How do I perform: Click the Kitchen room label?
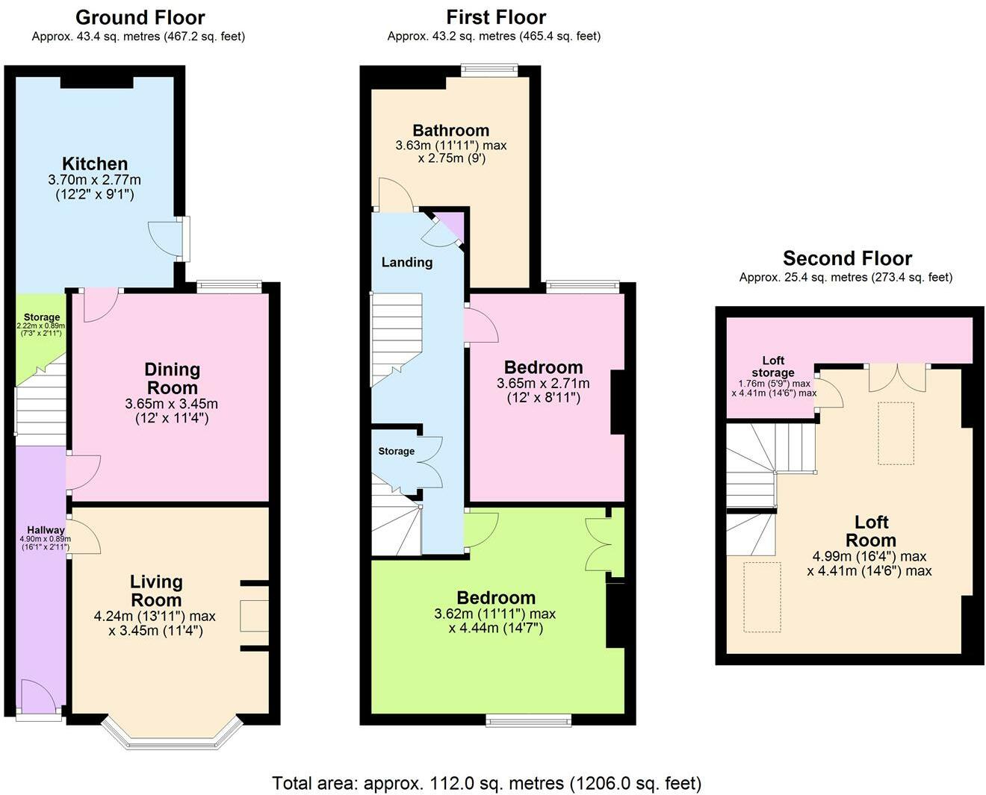click(95, 163)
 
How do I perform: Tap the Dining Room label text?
click(172, 378)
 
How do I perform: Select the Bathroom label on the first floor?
click(450, 131)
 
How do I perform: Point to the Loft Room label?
click(870, 531)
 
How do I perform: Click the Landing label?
click(406, 262)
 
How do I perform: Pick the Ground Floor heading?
click(140, 17)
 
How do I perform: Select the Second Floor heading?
click(847, 258)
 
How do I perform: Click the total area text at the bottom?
click(486, 783)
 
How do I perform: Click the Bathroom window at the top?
click(489, 70)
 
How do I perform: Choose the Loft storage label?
click(773, 367)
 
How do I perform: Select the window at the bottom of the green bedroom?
click(528, 720)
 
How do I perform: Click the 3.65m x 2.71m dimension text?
click(543, 383)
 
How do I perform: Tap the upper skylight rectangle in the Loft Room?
click(896, 433)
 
